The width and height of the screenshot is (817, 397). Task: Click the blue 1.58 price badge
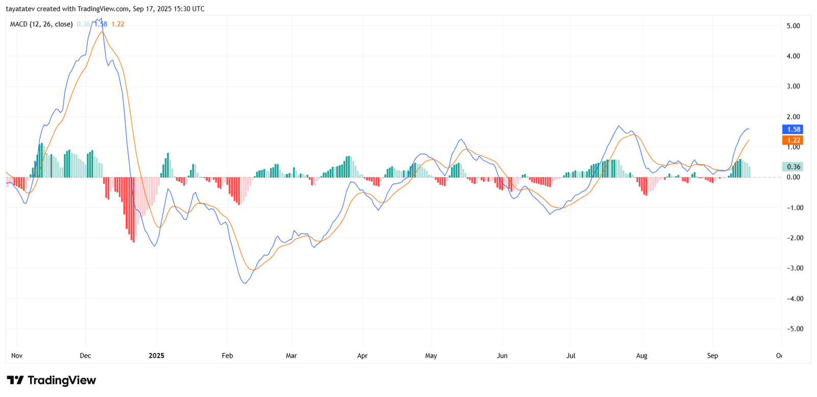tap(793, 130)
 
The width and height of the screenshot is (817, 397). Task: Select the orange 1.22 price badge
tap(793, 140)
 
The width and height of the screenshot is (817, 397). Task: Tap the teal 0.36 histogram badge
tap(793, 167)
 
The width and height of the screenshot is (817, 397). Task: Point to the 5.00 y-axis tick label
tap(793, 26)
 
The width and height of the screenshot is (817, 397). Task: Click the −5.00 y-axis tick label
tap(792, 329)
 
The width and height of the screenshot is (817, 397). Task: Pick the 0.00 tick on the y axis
tap(793, 177)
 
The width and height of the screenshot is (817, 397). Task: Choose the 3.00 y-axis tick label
tap(793, 86)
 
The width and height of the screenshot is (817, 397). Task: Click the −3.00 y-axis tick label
tap(792, 268)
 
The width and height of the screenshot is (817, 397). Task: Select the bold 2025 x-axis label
tap(156, 356)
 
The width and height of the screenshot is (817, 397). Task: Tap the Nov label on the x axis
tap(17, 356)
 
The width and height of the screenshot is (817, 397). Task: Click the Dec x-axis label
tap(85, 356)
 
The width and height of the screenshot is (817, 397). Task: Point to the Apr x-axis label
tap(362, 356)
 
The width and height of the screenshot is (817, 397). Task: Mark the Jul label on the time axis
tap(570, 356)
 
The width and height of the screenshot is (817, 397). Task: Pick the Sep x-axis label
tap(712, 356)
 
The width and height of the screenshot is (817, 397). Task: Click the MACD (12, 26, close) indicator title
tap(41, 24)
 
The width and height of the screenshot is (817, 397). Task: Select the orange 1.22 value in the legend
tap(118, 24)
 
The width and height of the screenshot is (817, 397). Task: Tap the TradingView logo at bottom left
tap(51, 380)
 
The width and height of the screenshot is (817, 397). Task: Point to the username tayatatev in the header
tap(20, 9)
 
